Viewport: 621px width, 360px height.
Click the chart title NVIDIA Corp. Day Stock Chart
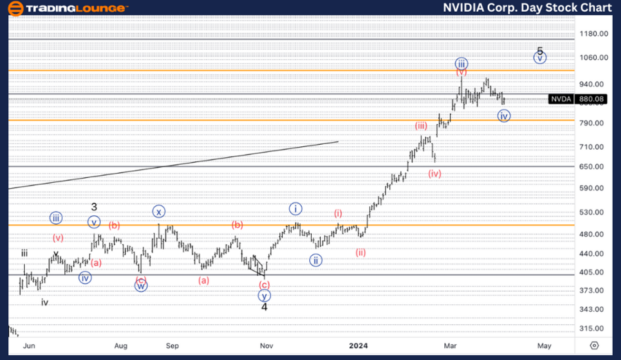[x=528, y=8]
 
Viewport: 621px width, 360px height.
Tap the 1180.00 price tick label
[x=594, y=34]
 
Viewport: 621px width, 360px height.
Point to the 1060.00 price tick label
[x=594, y=58]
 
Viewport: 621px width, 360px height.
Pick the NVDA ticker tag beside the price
[x=560, y=99]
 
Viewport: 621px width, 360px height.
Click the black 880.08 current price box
[x=592, y=99]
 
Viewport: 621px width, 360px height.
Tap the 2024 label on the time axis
[x=359, y=346]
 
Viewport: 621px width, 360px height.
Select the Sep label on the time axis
[x=172, y=346]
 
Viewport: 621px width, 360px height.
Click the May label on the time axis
[x=544, y=346]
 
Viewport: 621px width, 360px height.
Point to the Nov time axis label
[x=265, y=346]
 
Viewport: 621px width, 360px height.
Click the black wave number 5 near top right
[x=540, y=51]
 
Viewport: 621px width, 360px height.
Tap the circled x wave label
[x=159, y=212]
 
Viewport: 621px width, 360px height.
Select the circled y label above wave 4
[x=264, y=296]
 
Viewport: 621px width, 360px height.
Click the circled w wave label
[x=141, y=286]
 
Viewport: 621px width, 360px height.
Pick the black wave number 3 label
[x=95, y=207]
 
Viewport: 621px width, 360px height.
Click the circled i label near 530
[x=295, y=208]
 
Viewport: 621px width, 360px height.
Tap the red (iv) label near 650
[x=434, y=174]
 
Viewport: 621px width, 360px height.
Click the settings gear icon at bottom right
[x=595, y=346]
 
